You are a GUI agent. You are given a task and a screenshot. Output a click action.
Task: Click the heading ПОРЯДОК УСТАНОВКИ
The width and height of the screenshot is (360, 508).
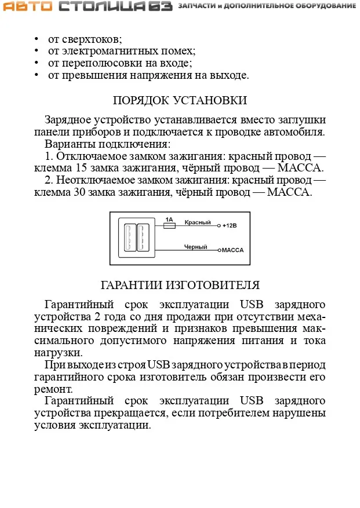pos(180,100)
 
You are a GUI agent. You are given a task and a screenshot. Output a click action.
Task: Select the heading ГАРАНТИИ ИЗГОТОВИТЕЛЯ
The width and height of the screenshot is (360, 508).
pos(180,285)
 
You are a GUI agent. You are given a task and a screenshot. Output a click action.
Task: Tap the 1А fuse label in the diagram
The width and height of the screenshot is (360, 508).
pos(169,220)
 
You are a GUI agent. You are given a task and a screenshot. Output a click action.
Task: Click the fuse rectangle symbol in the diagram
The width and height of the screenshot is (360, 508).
pos(169,226)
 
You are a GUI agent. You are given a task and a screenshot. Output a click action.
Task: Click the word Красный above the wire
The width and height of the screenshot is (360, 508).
pos(195,222)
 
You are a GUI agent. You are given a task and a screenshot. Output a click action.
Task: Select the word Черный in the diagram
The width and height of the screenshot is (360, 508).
pos(196,247)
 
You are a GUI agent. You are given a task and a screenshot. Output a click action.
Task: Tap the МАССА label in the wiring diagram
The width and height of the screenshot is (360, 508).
pos(232,251)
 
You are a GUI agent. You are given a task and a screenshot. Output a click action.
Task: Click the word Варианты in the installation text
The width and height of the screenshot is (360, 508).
pos(68,144)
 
